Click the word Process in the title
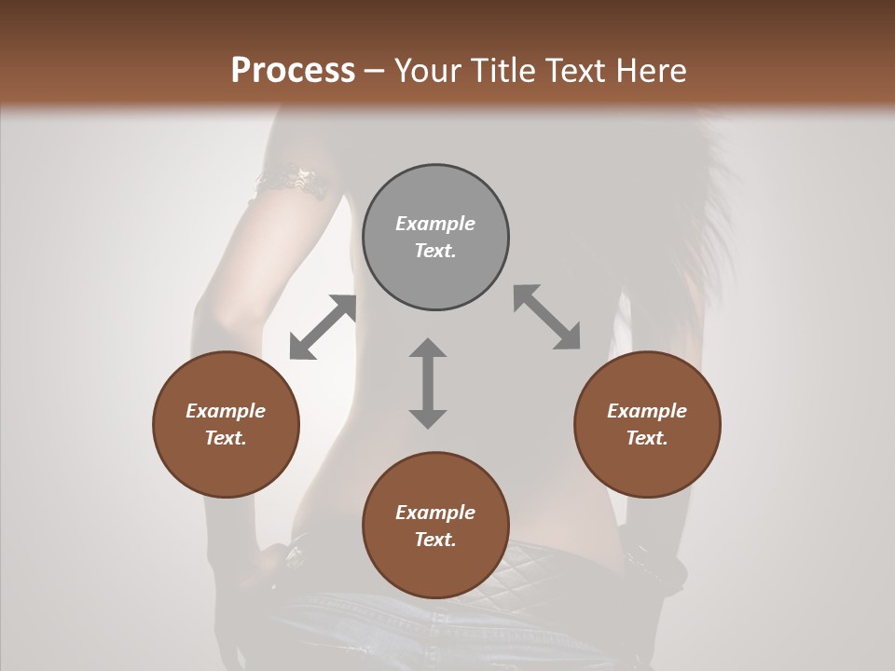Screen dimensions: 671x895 click(293, 71)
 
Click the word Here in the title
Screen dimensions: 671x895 click(652, 71)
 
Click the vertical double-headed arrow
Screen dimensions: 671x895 click(428, 383)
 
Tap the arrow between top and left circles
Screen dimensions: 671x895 click(323, 327)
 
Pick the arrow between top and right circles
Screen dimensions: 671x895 click(547, 317)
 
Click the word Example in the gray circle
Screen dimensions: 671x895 click(435, 224)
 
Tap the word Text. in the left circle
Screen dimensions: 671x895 click(226, 438)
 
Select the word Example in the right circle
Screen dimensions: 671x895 click(647, 411)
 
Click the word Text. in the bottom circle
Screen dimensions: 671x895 click(435, 540)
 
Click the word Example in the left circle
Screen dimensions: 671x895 click(226, 411)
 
